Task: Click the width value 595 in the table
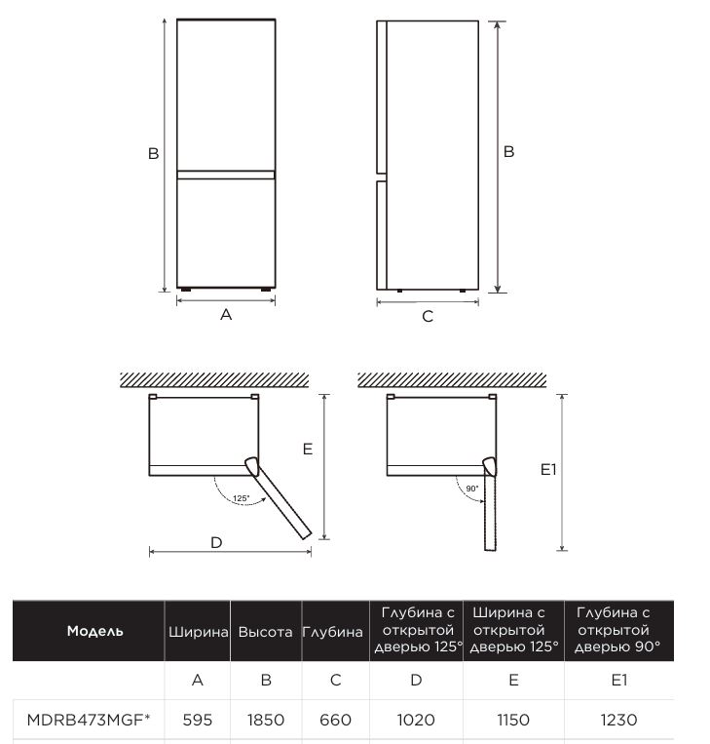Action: [198, 720]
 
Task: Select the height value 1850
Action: [265, 720]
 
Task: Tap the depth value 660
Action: [335, 720]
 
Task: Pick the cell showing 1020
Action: [416, 720]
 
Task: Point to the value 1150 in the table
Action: [513, 720]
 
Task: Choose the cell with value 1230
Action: [618, 720]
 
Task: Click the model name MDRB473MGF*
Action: [89, 720]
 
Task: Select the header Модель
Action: [94, 631]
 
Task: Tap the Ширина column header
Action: [198, 632]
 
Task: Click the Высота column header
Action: [265, 632]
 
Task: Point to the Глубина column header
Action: [333, 632]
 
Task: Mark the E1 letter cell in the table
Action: [618, 680]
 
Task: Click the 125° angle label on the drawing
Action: [242, 498]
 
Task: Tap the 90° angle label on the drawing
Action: [472, 488]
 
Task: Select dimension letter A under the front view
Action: [226, 314]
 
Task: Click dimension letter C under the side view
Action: [428, 317]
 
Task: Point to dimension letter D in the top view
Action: [216, 542]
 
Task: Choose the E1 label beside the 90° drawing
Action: [548, 469]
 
